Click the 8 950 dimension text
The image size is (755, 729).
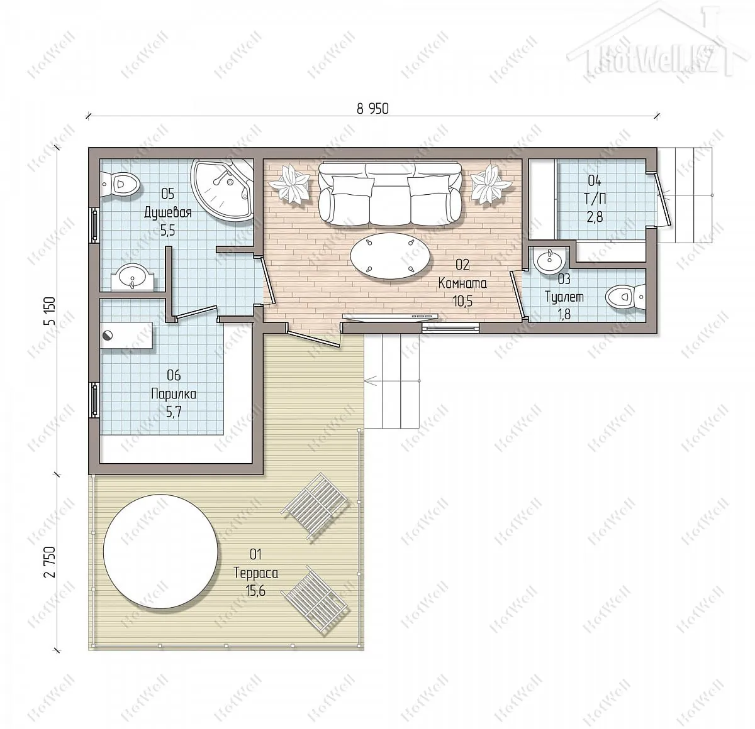372,109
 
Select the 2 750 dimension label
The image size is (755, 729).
51,562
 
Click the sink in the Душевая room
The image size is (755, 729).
132,277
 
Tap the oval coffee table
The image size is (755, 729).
390,255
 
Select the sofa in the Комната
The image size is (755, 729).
390,194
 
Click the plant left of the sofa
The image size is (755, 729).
290,184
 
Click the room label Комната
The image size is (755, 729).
462,283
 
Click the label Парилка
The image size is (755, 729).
174,394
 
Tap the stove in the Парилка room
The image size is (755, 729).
126,335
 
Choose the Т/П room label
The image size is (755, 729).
595,199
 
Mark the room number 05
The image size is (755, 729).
167,194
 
